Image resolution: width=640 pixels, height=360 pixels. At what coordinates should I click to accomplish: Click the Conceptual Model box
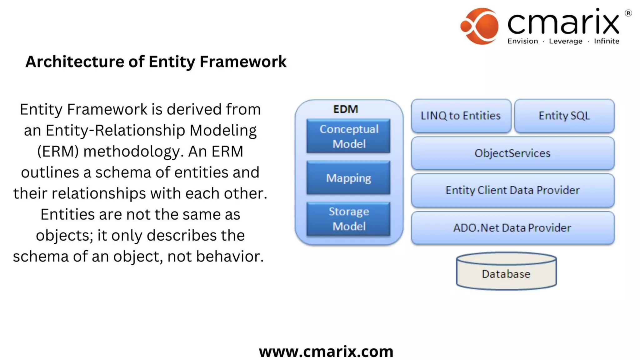[348, 136]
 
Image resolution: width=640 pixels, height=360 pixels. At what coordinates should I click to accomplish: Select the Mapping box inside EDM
[348, 178]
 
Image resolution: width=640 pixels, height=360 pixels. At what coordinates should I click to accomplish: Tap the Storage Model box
[348, 219]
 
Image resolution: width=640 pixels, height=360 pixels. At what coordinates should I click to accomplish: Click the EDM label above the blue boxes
[345, 109]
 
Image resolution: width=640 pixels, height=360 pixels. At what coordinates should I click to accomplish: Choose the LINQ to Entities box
[461, 116]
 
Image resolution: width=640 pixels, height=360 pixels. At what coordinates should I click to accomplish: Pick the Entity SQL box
[564, 116]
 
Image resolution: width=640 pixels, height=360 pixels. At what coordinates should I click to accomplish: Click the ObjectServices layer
[512, 153]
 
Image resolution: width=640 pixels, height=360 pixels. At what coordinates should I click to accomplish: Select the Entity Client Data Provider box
[512, 190]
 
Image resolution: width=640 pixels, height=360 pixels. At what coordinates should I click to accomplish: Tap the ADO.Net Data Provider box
[512, 228]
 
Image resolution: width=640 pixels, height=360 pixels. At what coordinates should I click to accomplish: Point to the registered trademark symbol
[628, 13]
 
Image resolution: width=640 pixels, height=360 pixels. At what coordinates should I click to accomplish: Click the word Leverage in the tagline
[566, 41]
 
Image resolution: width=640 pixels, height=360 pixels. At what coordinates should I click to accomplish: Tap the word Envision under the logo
[522, 41]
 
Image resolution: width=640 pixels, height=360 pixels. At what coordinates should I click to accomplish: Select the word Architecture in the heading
[75, 62]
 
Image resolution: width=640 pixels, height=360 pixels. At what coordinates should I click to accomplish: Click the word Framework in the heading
[243, 62]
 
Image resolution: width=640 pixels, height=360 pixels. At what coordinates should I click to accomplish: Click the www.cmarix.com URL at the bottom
[326, 352]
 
